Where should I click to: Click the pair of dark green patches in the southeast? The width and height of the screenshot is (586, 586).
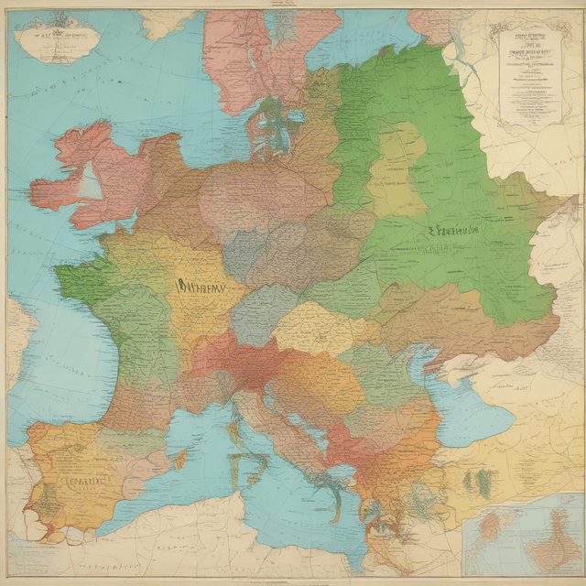(476, 481)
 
